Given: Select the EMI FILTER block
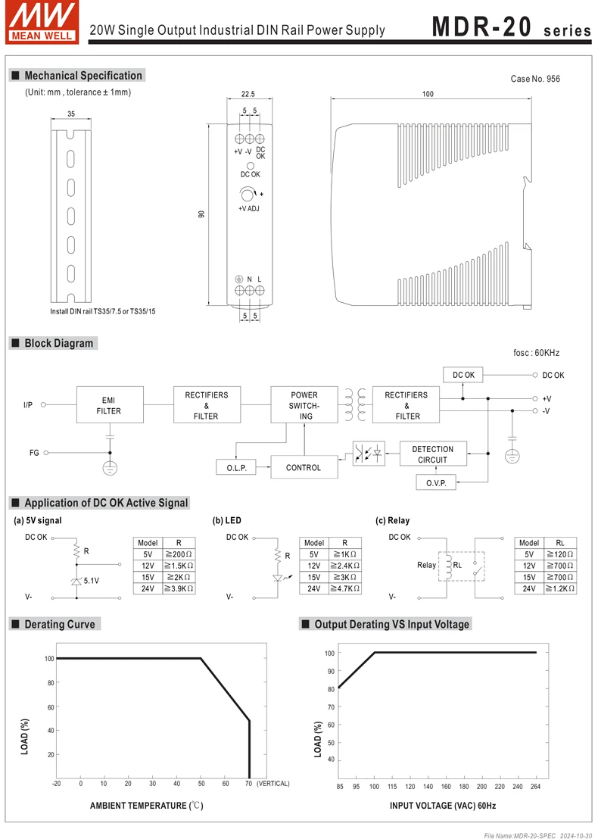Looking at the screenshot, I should pos(108,405).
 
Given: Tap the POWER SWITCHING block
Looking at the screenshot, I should pos(304,405).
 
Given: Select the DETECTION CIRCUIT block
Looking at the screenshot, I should pos(432,454).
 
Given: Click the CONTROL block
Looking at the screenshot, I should pos(304,468).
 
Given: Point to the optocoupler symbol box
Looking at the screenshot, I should pos(369,454).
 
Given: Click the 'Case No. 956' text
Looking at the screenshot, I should pos(535,79).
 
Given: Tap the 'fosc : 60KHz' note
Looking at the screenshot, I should pos(536,353).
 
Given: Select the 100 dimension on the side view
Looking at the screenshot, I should pos(428,95).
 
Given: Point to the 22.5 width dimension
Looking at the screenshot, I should pos(248,95).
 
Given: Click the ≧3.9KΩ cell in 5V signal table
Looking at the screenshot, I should pos(179,588).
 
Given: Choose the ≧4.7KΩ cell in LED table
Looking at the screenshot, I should pos(344,588).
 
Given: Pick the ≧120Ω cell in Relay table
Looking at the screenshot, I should pos(561,554).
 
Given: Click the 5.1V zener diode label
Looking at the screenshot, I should pos(91,581).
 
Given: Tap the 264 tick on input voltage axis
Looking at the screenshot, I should pos(536,786).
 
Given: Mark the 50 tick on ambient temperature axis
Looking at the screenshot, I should pos(201,784).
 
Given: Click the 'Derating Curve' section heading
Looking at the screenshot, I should pos(60,624).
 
